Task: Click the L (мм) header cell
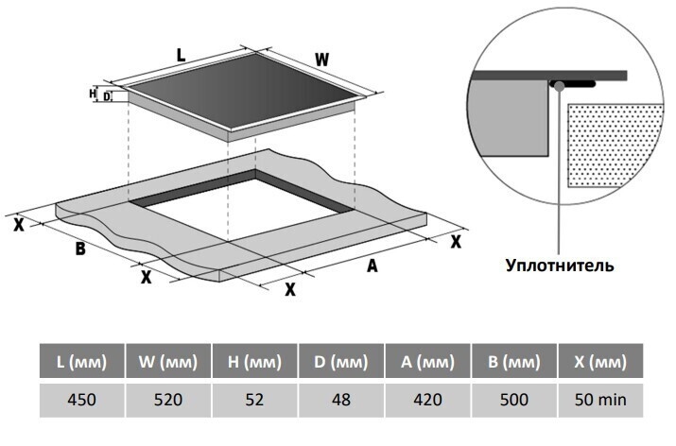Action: [x=81, y=362]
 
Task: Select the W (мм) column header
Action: [x=168, y=362]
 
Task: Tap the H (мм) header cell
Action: [x=255, y=362]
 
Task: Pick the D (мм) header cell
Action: [x=341, y=362]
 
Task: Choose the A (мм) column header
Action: [x=428, y=362]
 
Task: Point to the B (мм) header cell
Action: [x=514, y=362]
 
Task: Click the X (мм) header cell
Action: [x=601, y=362]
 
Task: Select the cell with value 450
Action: [x=81, y=400]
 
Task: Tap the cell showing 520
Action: [x=168, y=400]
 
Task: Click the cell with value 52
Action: [x=255, y=400]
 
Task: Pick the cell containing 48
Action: [x=341, y=400]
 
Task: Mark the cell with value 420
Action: [x=428, y=400]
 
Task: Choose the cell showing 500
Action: [x=514, y=400]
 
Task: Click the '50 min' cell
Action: [x=601, y=400]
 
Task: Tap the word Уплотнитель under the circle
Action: [x=559, y=266]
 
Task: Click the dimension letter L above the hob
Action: [x=181, y=55]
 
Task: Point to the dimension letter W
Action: [x=321, y=60]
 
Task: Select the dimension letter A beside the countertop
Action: [x=373, y=267]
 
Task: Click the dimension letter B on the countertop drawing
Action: [x=80, y=249]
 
